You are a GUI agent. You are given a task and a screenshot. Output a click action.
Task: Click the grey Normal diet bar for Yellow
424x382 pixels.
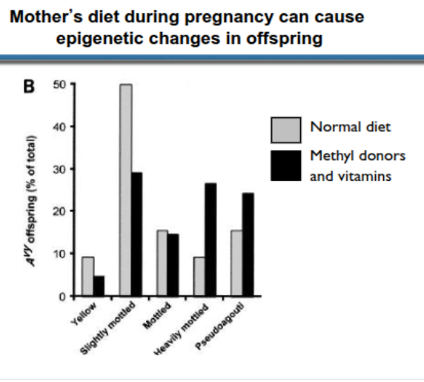point(88,276)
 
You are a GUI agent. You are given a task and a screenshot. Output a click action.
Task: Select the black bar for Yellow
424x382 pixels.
point(99,286)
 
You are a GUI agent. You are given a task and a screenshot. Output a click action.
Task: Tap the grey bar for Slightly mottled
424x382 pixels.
point(125,190)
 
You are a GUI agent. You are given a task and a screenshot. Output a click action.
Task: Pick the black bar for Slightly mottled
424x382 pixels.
point(136,234)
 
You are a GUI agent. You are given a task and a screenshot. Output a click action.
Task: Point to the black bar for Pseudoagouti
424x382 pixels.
point(248,244)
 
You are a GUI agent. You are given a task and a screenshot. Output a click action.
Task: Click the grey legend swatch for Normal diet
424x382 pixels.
point(286,128)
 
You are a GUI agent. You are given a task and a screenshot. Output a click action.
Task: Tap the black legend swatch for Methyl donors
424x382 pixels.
point(286,165)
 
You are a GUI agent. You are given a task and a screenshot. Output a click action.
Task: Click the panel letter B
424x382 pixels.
point(30,86)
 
